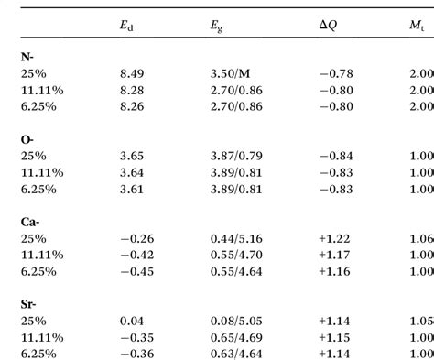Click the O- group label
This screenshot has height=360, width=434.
coord(27,138)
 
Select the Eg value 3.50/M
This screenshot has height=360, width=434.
coord(227,74)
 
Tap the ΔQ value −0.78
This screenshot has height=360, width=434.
coord(331,74)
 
